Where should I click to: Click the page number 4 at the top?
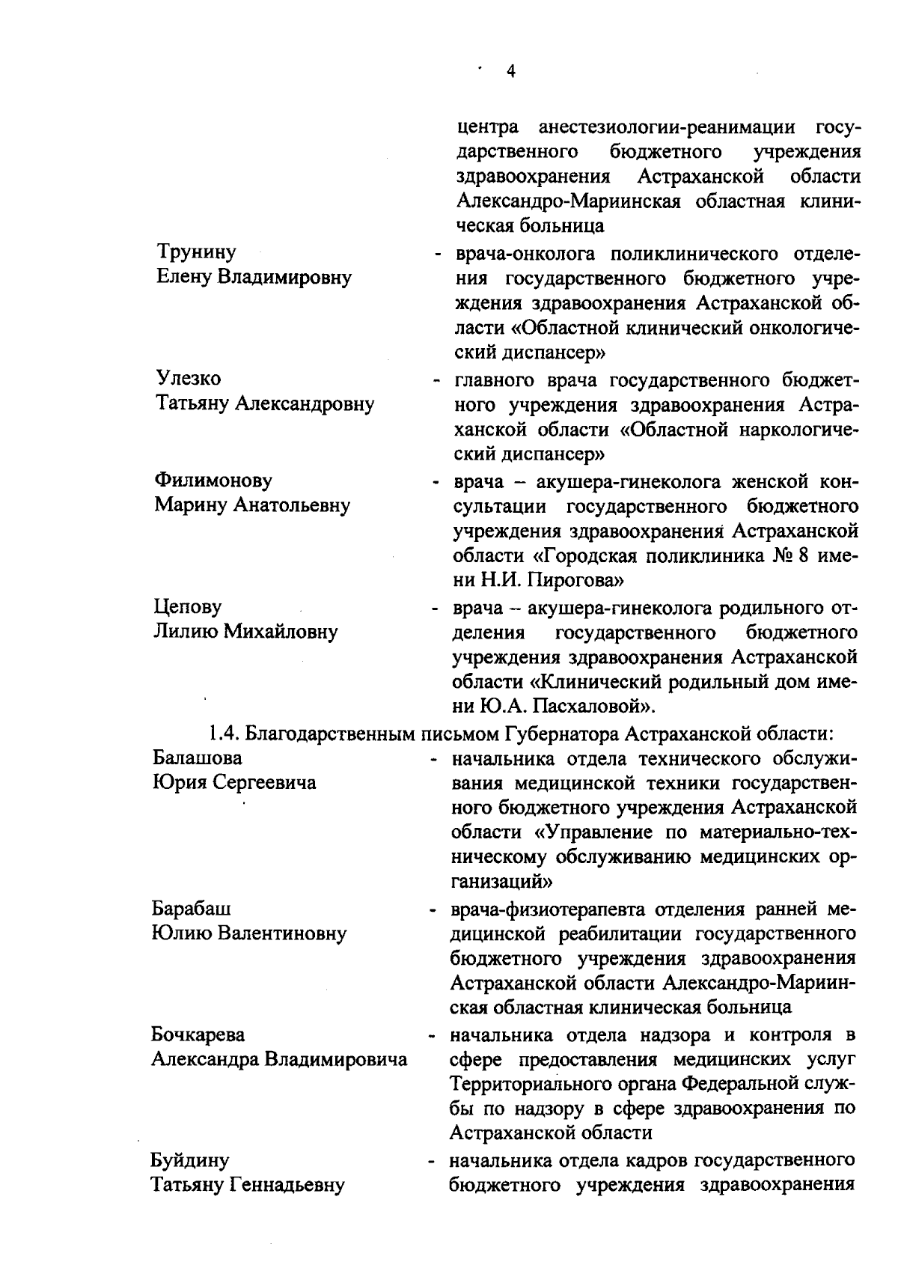click(x=511, y=71)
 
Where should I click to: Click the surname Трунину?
click(x=196, y=252)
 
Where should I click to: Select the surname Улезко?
click(x=188, y=379)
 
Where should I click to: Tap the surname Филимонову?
click(x=213, y=480)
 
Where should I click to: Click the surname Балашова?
click(x=198, y=758)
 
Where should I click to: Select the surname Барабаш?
click(x=192, y=909)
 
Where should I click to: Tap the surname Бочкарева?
click(x=198, y=1035)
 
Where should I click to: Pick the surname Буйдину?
click(x=190, y=1161)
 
